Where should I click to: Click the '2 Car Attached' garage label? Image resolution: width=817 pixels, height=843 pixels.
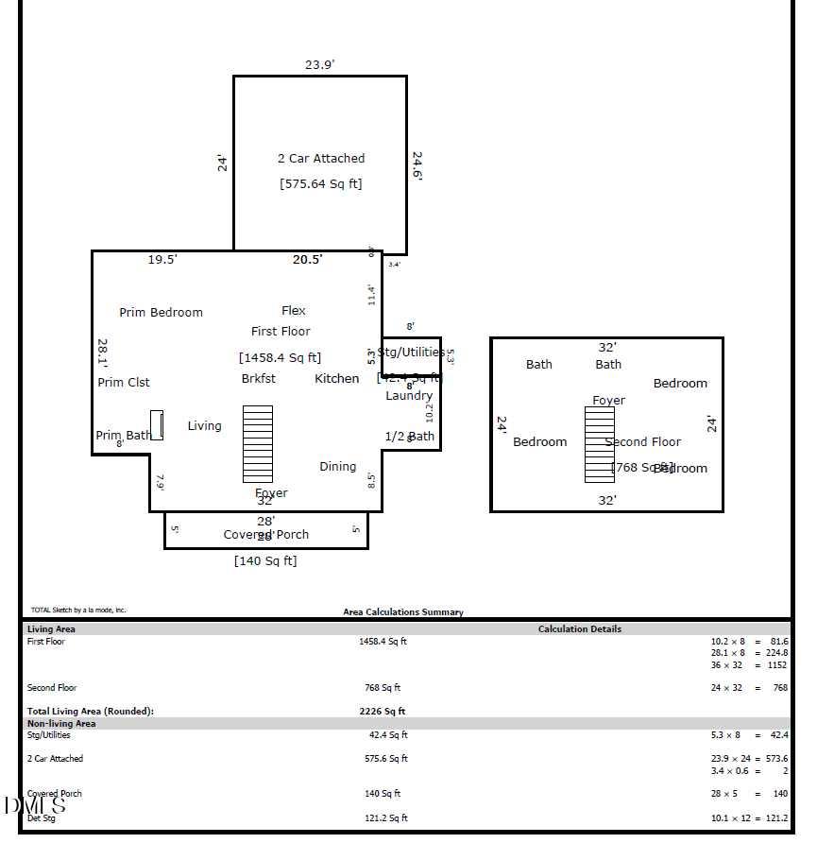point(320,159)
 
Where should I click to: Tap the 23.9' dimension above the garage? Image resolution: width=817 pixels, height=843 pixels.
point(319,65)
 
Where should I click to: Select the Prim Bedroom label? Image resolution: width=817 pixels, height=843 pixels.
point(161,313)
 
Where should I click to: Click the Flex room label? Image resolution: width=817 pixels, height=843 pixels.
point(294,311)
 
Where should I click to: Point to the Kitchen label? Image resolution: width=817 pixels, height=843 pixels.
point(336,379)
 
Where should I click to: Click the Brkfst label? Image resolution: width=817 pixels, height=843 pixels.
point(259,379)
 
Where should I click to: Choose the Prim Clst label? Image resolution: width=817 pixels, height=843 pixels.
point(124,383)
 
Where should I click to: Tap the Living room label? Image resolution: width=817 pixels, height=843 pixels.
point(204,426)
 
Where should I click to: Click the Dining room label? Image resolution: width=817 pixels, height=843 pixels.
point(337,467)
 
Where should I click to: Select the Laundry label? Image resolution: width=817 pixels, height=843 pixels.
point(409,396)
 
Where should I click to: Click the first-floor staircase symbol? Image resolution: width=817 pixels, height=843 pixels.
point(258,444)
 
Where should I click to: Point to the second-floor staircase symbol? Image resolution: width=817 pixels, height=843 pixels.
point(599,444)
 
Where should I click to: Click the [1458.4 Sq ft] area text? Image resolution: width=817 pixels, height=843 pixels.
point(280,358)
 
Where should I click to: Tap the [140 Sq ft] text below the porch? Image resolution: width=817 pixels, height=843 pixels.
point(265,561)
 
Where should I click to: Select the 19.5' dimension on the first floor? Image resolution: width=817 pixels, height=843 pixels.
point(162,260)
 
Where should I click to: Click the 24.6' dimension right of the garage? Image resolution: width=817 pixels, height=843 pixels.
point(417,164)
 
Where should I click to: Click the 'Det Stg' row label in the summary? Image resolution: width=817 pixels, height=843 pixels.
point(41,817)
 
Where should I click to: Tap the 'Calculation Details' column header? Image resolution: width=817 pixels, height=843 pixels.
point(579,629)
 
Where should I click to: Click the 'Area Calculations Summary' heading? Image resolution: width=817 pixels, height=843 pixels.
point(403,612)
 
